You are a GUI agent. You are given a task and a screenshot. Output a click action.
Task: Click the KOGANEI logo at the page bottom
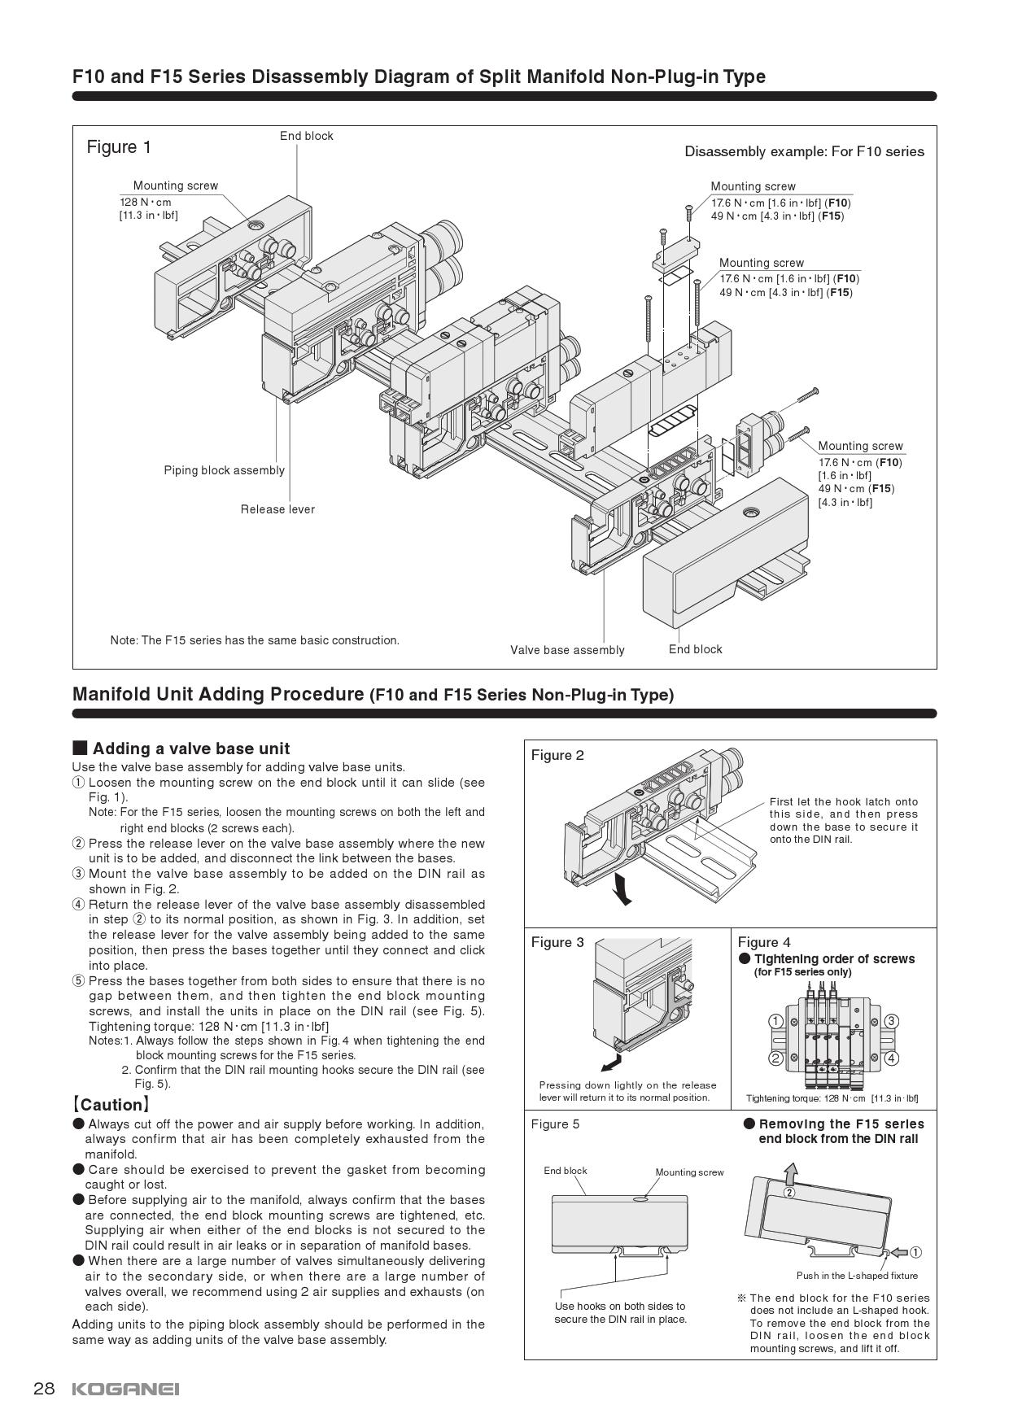point(125,1389)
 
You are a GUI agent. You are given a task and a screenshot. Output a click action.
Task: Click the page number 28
point(44,1389)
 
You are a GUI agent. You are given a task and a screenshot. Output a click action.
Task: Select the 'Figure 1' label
point(119,147)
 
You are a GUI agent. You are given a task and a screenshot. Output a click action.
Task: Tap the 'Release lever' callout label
point(277,509)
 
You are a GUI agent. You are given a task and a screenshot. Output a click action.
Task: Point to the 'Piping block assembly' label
point(224,470)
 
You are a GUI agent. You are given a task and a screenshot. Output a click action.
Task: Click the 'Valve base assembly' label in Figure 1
point(567,650)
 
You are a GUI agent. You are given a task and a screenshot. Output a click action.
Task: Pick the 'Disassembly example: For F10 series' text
point(804,151)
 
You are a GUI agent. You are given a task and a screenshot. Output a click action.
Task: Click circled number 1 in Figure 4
point(775,1022)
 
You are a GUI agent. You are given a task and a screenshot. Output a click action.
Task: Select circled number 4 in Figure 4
point(891,1058)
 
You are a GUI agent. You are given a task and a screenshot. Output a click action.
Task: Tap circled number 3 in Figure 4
point(891,1022)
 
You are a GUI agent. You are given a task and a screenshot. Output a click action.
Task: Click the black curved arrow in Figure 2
point(621,888)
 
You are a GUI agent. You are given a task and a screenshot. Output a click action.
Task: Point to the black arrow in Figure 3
point(609,1063)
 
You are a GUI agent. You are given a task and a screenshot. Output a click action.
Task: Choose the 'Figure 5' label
point(555,1124)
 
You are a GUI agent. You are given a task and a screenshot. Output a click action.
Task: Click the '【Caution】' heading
point(111,1105)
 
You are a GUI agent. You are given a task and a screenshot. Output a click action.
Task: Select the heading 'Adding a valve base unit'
point(190,748)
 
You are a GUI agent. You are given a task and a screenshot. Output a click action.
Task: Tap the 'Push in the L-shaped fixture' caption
point(857,1276)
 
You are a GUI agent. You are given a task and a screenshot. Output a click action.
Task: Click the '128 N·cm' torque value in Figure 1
point(146,202)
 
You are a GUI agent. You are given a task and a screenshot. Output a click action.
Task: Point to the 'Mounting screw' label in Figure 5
point(689,1172)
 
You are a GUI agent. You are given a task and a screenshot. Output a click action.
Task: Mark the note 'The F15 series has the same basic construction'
point(255,640)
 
